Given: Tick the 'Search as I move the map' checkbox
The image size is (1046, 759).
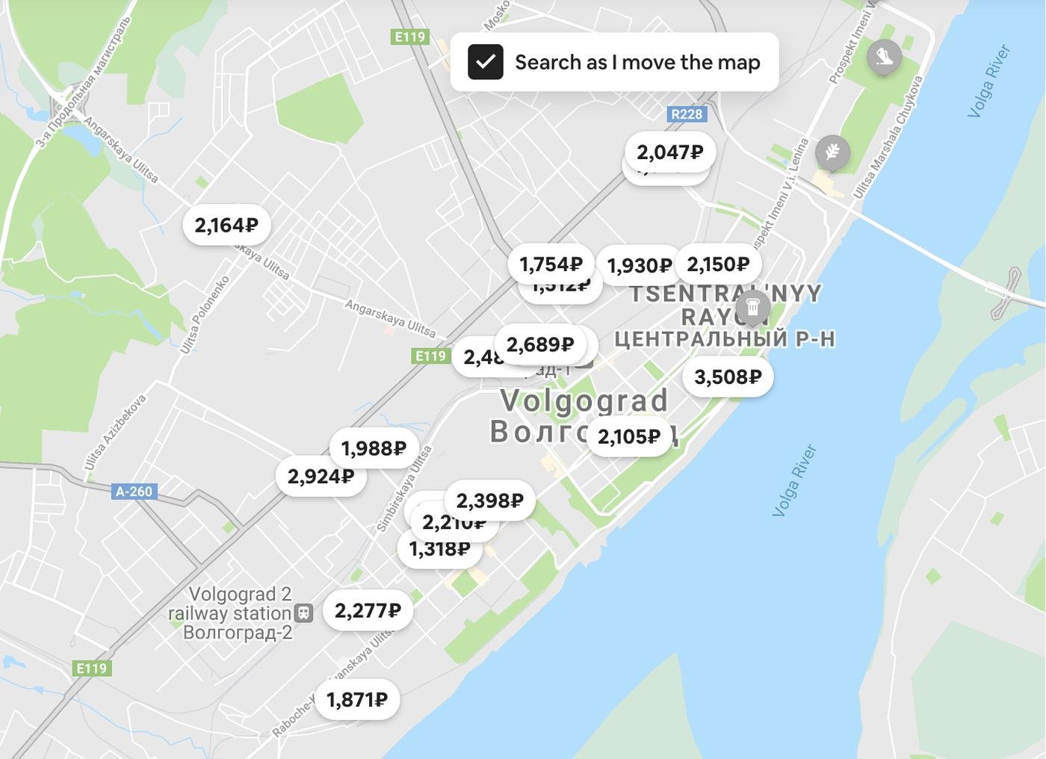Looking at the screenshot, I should (x=486, y=62).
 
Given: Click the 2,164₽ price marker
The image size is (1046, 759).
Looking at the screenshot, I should (x=226, y=225).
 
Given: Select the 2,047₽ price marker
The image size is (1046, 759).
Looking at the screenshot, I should (x=669, y=152).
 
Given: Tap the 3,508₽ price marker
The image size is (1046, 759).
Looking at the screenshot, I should (x=728, y=377).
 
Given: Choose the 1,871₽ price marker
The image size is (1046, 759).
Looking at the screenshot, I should (x=357, y=700).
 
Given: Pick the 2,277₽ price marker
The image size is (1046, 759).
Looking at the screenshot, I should (x=368, y=611).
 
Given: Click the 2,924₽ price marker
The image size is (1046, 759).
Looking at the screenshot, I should (x=321, y=477).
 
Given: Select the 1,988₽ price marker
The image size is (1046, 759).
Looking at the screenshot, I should (x=374, y=448).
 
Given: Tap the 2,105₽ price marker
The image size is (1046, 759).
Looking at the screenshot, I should (x=629, y=436).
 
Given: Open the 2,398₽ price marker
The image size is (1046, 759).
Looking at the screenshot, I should (x=489, y=501).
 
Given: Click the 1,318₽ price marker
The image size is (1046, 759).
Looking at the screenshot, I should (x=439, y=549).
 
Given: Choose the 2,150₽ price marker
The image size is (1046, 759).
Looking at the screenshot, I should (x=718, y=264).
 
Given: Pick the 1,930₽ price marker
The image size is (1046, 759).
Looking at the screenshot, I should (x=639, y=266).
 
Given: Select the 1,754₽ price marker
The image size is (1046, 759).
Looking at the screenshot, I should (x=551, y=264).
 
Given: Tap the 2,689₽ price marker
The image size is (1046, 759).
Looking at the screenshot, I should (x=540, y=344).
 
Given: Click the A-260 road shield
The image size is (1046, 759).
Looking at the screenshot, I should (x=134, y=492).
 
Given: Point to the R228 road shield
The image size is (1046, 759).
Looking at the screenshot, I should (x=687, y=114).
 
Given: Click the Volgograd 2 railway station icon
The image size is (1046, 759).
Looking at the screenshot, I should (x=303, y=613).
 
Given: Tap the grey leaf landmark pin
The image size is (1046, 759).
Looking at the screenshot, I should (x=832, y=153).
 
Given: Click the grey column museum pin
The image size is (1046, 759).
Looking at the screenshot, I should (x=752, y=307).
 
